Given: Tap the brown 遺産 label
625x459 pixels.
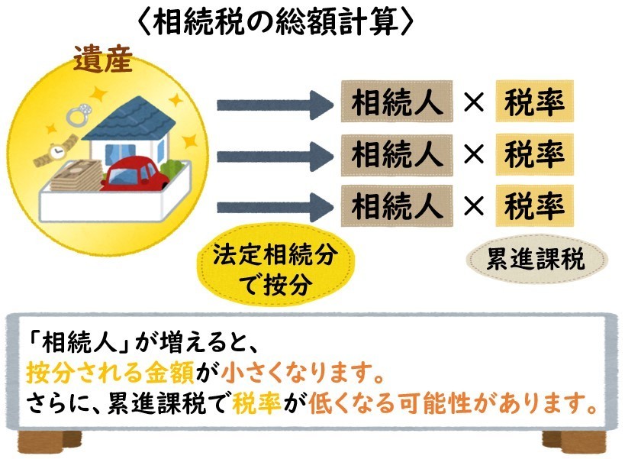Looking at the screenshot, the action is [x=103, y=58].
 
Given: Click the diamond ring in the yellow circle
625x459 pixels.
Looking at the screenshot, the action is [x=78, y=115].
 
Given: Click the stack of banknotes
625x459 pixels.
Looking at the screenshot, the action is [x=76, y=176].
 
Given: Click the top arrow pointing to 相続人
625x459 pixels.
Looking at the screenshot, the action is [x=275, y=105].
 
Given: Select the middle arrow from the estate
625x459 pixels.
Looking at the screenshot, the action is [x=275, y=157].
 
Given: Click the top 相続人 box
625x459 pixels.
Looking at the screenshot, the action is [x=397, y=102].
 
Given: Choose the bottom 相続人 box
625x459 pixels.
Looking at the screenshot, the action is [x=397, y=205].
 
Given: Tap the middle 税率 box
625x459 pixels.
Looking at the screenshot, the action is [x=534, y=155].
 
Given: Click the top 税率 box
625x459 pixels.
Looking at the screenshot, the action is [x=534, y=102].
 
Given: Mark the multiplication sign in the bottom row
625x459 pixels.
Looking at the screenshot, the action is [x=474, y=206].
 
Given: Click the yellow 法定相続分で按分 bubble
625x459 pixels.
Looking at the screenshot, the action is [x=275, y=265].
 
